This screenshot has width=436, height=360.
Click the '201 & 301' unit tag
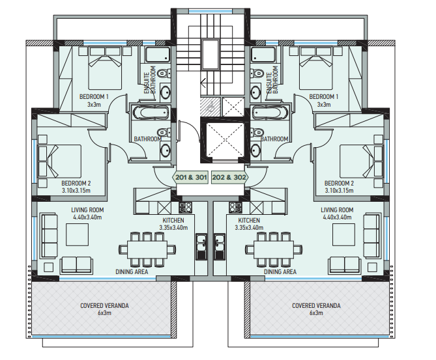coord(191,177)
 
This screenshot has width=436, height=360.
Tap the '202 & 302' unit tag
coord(229,177)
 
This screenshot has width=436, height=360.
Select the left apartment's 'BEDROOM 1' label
coord(94,96)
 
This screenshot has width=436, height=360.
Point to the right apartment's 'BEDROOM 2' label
coord(339,184)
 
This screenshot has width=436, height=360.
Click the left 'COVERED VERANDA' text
coord(104,306)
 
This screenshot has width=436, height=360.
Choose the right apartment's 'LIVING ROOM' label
coord(337,210)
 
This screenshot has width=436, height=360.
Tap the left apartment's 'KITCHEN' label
coord(173,220)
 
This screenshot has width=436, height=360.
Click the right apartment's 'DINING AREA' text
coord(280,271)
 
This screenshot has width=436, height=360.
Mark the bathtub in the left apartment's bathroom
coord(151,113)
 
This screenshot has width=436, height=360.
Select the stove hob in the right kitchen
coord(236,207)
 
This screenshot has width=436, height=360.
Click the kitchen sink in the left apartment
coord(201,247)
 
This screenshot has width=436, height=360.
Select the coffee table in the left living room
coord(78,235)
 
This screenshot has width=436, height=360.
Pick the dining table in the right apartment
coord(274,249)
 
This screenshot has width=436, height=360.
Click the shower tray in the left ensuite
coord(158,55)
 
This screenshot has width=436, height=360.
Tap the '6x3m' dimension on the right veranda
coord(316,313)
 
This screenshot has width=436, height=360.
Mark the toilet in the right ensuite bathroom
coord(257,74)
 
